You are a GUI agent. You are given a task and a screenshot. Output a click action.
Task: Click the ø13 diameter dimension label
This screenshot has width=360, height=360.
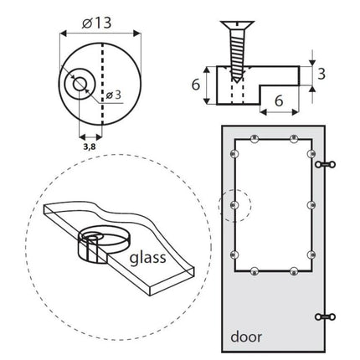tap(97, 23)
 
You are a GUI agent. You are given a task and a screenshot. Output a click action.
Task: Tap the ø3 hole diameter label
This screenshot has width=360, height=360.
tap(114, 95)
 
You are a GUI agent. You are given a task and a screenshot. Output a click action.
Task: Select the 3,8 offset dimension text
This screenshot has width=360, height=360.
tap(90, 147)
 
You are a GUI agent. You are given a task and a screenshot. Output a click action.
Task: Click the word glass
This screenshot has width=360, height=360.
tap(148, 258)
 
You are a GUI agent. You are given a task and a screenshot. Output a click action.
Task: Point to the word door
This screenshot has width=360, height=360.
tap(246, 337)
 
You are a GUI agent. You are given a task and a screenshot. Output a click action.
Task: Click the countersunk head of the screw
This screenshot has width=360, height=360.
tap(237, 24)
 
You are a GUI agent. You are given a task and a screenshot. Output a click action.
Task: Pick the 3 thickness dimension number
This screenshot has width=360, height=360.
tap(321, 75)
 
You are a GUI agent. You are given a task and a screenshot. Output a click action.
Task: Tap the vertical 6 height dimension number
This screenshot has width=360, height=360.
tap(196, 85)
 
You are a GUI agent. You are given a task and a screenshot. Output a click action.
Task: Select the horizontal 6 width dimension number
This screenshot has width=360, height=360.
tap(279, 100)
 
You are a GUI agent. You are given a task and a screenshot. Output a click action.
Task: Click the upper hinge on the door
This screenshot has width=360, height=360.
tap(325, 164)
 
